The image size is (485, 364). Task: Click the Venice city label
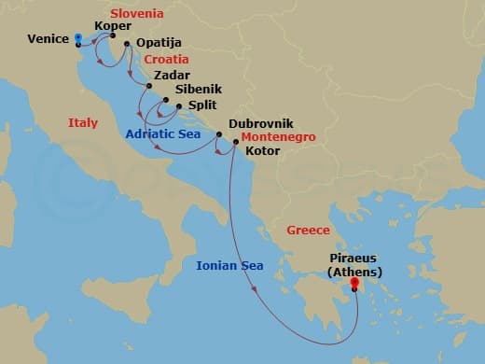coord(49,39)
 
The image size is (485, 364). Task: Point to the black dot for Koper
coord(113,35)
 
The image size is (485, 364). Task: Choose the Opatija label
coord(158,43)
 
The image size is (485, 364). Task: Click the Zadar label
coord(173,74)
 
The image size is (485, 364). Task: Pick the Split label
coord(203,106)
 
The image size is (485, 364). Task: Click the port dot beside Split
coord(179,106)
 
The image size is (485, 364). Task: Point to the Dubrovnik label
coord(254,123)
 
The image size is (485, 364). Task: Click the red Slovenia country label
coord(137,13)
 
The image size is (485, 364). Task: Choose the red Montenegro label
coord(278,136)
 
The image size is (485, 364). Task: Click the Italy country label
coord(83,123)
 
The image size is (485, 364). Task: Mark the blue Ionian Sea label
coord(229,266)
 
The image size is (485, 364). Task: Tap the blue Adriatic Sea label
coord(165,133)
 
